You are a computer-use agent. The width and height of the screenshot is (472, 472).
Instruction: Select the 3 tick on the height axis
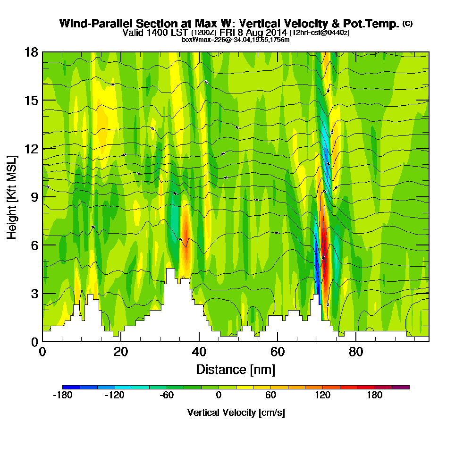(34, 293)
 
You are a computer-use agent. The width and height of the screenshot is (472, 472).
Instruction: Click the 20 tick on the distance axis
(121, 352)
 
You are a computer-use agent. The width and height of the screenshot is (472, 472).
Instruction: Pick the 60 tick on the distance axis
(278, 352)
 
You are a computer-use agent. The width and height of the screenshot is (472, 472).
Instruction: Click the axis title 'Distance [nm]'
(236, 369)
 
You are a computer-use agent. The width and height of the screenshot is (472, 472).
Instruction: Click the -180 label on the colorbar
(62, 396)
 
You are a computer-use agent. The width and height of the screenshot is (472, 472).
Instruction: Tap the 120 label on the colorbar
(323, 396)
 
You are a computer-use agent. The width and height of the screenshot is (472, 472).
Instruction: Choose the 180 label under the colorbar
(375, 396)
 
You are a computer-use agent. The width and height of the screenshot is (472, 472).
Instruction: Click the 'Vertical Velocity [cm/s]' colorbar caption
(236, 413)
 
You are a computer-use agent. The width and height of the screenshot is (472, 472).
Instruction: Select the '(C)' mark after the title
(407, 23)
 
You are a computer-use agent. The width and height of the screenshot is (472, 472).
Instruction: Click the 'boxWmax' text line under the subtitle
(236, 40)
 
